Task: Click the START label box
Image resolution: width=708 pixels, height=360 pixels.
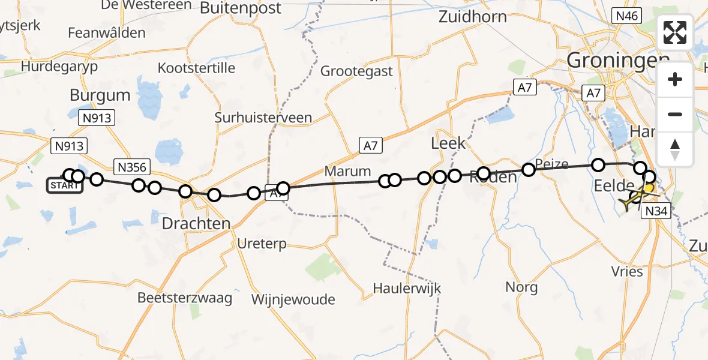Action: pyautogui.click(x=65, y=185)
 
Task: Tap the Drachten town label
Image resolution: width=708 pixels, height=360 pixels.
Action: pyautogui.click(x=196, y=224)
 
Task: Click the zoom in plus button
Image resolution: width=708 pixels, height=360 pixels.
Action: pyautogui.click(x=675, y=79)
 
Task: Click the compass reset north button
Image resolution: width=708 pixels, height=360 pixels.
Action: pyautogui.click(x=675, y=149)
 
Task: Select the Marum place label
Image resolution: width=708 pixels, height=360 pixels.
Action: pyautogui.click(x=347, y=171)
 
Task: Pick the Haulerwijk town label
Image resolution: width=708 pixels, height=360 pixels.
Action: pyautogui.click(x=406, y=288)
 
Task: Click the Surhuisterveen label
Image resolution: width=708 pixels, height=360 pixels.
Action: pyautogui.click(x=263, y=118)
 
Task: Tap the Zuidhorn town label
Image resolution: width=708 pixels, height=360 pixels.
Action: pyautogui.click(x=472, y=16)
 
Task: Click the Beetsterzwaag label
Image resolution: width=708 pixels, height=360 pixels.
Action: pyautogui.click(x=185, y=298)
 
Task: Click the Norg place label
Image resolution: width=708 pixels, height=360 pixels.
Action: pyautogui.click(x=521, y=287)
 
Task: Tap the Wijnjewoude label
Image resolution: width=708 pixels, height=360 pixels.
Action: pyautogui.click(x=293, y=299)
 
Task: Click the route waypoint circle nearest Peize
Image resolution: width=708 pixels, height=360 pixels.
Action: pyautogui.click(x=529, y=170)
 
